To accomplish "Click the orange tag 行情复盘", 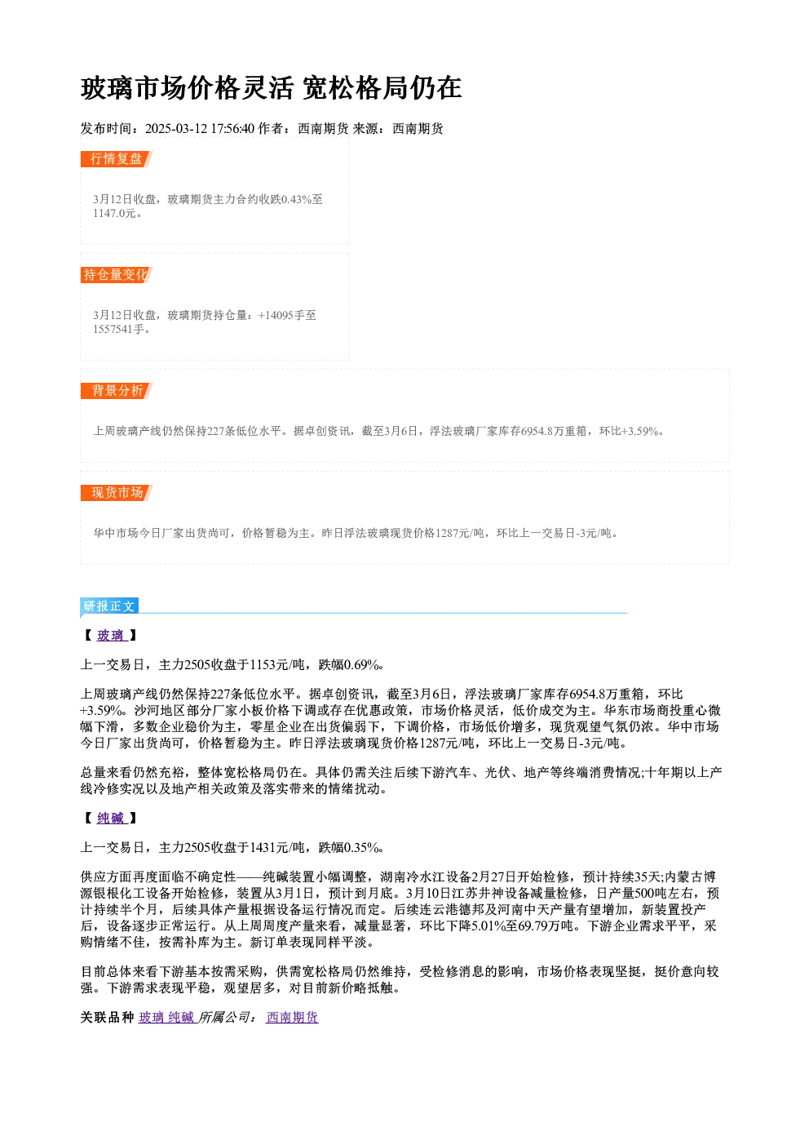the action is coord(117,159).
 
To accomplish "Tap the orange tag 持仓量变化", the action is coord(117,275).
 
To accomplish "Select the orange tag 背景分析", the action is coord(117,391).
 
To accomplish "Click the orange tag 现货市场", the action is coord(117,493).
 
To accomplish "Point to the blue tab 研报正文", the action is coord(109,606).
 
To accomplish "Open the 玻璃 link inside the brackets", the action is coord(110,636).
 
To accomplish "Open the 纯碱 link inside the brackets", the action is coord(110,818).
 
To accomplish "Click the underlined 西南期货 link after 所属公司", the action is coord(292,1017).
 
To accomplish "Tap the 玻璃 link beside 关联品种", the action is coord(151,1017).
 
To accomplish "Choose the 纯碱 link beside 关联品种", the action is coord(181,1017).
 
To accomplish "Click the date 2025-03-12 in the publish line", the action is coord(176,128).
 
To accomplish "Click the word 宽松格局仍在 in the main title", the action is coord(382,88).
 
